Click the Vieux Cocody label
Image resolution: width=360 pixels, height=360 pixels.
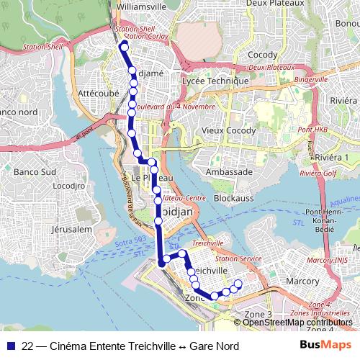point(228,130)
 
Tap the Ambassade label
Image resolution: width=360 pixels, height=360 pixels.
point(229,172)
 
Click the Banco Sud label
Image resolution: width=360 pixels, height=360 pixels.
point(35,172)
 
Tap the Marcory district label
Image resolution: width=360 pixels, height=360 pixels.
point(302,280)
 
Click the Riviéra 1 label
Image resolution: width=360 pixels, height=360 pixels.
point(332,158)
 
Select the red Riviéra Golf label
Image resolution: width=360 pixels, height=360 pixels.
point(320,174)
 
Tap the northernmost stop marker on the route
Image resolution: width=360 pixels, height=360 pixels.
point(124,48)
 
